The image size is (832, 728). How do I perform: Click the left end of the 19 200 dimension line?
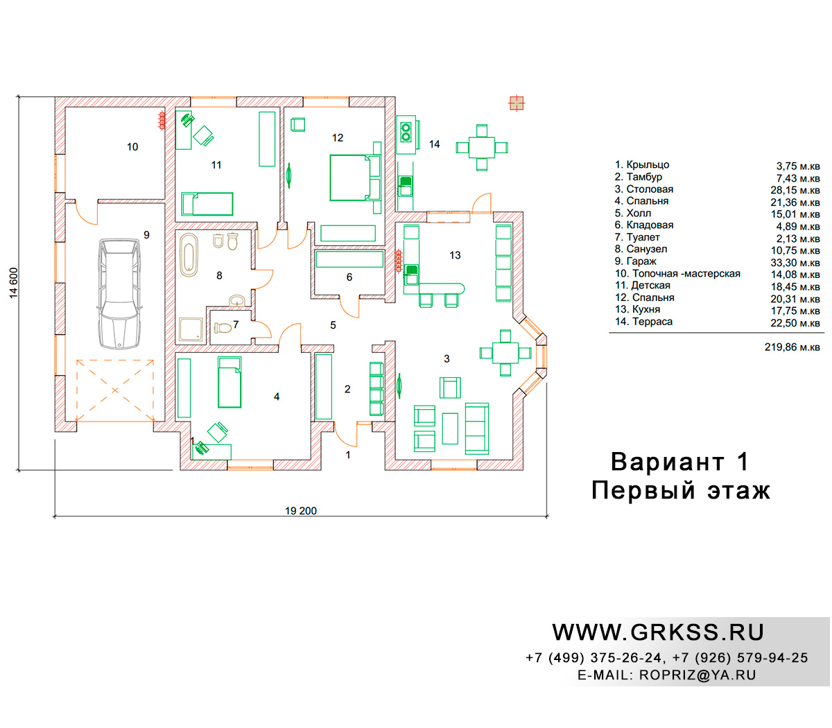pyautogui.click(x=55, y=517)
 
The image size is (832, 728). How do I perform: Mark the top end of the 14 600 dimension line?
pyautogui.click(x=18, y=97)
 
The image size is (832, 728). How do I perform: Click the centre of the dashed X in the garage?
pyautogui.click(x=115, y=390)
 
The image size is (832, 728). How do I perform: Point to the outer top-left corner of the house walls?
pyautogui.click(x=55, y=97)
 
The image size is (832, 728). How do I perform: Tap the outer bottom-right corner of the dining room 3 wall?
pyautogui.click(x=523, y=470)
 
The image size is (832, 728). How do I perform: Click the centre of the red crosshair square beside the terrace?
pyautogui.click(x=517, y=103)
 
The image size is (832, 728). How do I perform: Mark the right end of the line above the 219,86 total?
pyautogui.click(x=824, y=333)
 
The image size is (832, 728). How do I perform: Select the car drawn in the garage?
pyautogui.click(x=119, y=294)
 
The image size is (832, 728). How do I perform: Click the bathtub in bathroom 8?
pyautogui.click(x=189, y=255)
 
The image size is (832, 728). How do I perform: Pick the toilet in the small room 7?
pyautogui.click(x=223, y=327)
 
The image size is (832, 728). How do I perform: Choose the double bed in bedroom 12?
pyautogui.click(x=356, y=177)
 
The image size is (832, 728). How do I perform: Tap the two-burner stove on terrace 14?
pyautogui.click(x=406, y=132)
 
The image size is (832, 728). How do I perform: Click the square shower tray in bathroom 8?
pyautogui.click(x=191, y=330)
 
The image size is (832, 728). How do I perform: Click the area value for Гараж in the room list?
pyautogui.click(x=795, y=263)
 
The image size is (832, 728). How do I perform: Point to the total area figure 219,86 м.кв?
pyautogui.click(x=792, y=347)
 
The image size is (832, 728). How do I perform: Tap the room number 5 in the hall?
pyautogui.click(x=333, y=325)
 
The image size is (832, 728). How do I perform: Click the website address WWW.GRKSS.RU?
pyautogui.click(x=658, y=632)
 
